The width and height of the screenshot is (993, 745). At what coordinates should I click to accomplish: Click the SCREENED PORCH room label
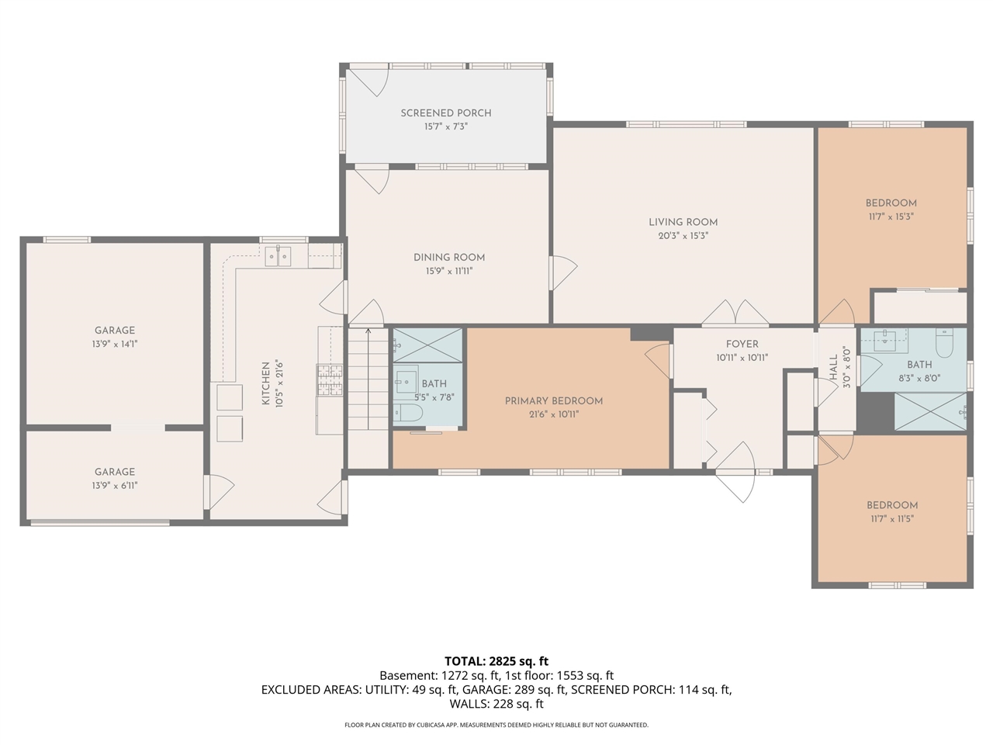point(446,113)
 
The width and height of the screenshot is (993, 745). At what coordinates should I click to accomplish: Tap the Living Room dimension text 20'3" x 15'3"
point(683,235)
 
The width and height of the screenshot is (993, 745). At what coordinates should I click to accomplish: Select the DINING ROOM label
point(448,258)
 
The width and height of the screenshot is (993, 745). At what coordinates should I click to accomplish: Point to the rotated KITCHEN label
point(266,383)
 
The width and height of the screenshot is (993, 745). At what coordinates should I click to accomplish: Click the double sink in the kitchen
point(278,255)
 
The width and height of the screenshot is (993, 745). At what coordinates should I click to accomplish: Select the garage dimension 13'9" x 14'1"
point(115,344)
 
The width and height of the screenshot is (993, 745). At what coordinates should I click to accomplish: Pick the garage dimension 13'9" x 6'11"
point(115,486)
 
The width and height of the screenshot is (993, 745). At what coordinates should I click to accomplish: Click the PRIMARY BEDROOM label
point(553,401)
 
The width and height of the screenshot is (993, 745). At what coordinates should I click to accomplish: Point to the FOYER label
point(742,344)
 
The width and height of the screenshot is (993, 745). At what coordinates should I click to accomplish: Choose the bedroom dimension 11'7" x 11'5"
point(891,518)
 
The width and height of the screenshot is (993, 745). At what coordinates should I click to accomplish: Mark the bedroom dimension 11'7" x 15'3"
point(891,217)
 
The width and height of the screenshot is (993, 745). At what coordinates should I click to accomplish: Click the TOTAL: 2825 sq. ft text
point(496,661)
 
